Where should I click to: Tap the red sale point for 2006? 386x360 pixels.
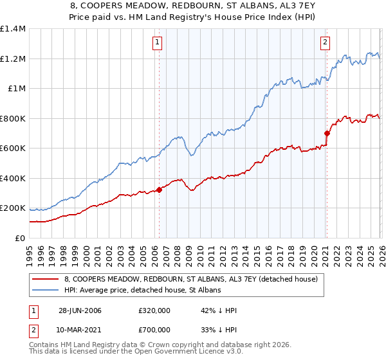[159, 190]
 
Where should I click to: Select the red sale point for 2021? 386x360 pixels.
[326, 134]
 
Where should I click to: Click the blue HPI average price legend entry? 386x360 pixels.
[142, 291]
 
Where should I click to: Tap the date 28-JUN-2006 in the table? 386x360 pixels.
[80, 310]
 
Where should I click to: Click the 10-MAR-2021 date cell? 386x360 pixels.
[80, 330]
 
